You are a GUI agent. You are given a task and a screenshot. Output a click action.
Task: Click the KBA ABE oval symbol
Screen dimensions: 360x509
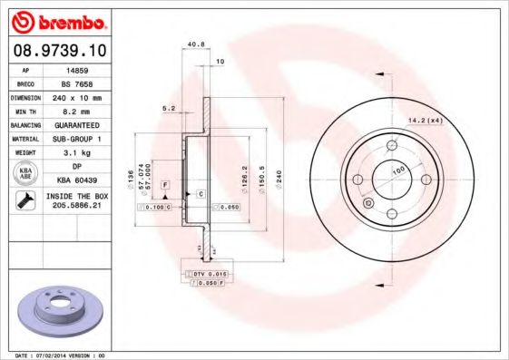(26, 174)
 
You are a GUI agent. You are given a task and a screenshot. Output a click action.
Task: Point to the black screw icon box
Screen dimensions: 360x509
(26, 201)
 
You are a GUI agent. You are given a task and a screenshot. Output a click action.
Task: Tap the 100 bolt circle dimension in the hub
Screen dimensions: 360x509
(397, 169)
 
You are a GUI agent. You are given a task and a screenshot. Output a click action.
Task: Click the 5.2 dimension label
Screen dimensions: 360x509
(169, 108)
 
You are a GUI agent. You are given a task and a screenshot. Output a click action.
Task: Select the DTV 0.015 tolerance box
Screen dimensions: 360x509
(208, 274)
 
